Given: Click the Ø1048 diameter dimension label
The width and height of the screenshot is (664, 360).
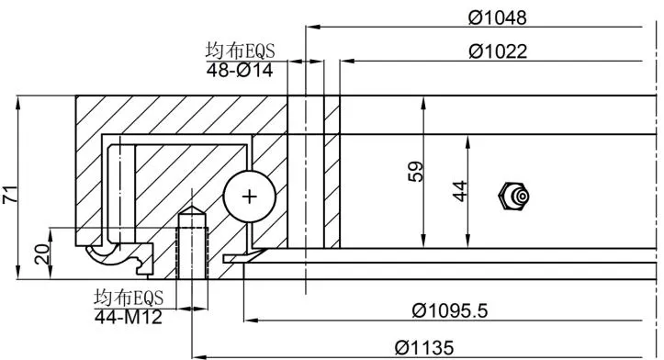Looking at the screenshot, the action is (x=498, y=17).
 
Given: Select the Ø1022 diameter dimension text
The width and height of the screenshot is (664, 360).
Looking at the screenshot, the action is (x=498, y=51).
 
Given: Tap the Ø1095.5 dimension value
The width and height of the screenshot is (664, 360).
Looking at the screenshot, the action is (x=450, y=311).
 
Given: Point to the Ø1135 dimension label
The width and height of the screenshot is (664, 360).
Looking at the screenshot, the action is (x=424, y=348).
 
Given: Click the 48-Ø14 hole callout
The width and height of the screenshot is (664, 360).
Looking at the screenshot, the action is (x=240, y=71).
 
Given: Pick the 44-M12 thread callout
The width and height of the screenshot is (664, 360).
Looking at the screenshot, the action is (x=129, y=317).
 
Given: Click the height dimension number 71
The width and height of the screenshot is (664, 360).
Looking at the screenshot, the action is (x=11, y=194).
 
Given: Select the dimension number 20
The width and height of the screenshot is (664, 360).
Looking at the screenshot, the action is (x=42, y=254).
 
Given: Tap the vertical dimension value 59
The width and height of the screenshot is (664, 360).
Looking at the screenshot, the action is (x=415, y=171).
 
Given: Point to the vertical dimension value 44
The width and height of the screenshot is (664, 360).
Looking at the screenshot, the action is (x=460, y=191).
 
